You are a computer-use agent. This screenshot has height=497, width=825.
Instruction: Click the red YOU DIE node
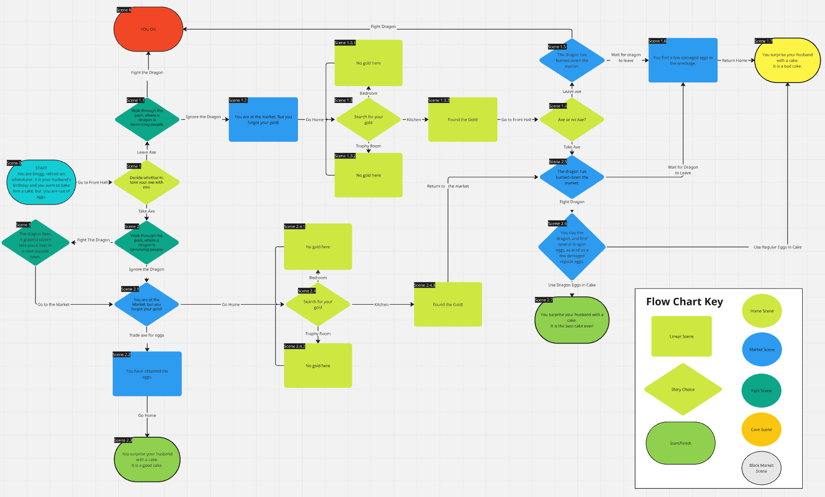[x=148, y=29]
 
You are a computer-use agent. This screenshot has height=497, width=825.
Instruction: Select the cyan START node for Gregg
[x=41, y=182]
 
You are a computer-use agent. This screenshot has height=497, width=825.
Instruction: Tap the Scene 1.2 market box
[x=263, y=120]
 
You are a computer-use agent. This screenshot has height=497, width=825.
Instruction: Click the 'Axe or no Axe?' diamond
[x=572, y=120]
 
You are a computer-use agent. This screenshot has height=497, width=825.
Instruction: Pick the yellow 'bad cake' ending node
[x=787, y=60]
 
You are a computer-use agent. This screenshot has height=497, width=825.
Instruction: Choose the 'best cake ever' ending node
[x=572, y=320]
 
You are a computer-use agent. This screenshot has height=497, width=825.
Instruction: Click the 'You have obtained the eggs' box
[x=147, y=374]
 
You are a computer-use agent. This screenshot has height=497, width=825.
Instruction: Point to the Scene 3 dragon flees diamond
[x=35, y=242]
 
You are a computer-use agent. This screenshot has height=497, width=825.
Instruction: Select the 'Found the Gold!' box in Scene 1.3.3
[x=462, y=120]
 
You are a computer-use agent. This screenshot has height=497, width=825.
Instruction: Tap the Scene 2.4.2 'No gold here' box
[x=318, y=366]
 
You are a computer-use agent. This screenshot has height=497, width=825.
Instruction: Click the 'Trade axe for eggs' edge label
[x=147, y=335]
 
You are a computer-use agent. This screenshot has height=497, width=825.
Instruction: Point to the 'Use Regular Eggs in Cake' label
[x=777, y=247]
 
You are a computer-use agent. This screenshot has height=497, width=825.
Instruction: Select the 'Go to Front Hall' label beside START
[x=93, y=183]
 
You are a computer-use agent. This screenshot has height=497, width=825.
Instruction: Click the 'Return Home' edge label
[x=734, y=61]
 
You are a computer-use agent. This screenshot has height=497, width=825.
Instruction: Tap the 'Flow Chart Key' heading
[x=684, y=302]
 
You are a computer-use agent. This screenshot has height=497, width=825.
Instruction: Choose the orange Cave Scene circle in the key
[x=761, y=429]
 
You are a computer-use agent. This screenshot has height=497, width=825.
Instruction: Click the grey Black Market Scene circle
[x=761, y=468]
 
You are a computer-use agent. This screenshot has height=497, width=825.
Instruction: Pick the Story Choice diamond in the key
[x=683, y=389]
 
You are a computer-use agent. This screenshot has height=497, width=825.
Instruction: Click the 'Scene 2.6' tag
[x=557, y=223]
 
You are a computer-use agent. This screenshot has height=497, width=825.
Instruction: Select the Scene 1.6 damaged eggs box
[x=683, y=60]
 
